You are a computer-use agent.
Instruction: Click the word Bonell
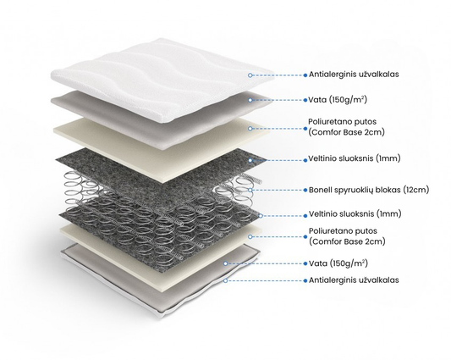coord(320,190)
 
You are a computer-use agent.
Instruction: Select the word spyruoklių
coord(353,191)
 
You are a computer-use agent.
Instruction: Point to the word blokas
coord(388,190)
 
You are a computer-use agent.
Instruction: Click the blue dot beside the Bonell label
coord(305,191)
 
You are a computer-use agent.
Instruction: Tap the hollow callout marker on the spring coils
coord(250,190)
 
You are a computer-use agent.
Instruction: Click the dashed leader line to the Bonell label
coord(278,190)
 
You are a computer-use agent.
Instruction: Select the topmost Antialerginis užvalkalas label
coord(354,75)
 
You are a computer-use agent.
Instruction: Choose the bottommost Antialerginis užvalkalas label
coord(354,280)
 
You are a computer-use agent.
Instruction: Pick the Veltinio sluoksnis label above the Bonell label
coord(355,158)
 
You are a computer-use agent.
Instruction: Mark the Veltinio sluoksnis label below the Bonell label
coord(355,213)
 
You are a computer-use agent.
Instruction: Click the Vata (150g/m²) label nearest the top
coord(338,100)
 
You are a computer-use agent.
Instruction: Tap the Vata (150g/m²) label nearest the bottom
coord(338,263)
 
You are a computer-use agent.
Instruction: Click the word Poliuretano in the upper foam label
coord(327,121)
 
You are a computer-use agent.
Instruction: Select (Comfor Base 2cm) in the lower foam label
coord(347,241)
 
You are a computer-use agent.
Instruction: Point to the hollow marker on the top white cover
coord(250,75)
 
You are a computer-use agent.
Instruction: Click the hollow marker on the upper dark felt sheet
coord(250,160)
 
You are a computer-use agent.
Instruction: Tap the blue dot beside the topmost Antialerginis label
coord(305,75)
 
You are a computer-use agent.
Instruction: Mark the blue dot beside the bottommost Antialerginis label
coord(305,280)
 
